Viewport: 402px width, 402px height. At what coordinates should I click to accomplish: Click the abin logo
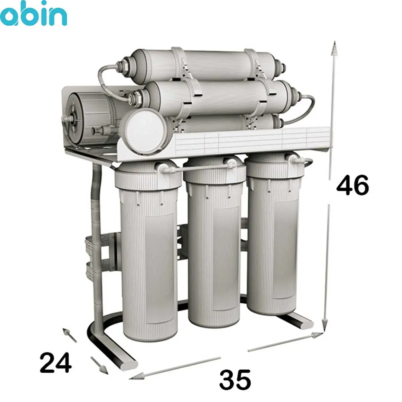tap(33, 13)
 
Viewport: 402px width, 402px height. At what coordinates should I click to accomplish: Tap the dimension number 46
tap(352, 185)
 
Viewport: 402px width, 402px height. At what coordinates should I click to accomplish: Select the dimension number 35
tap(235, 379)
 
